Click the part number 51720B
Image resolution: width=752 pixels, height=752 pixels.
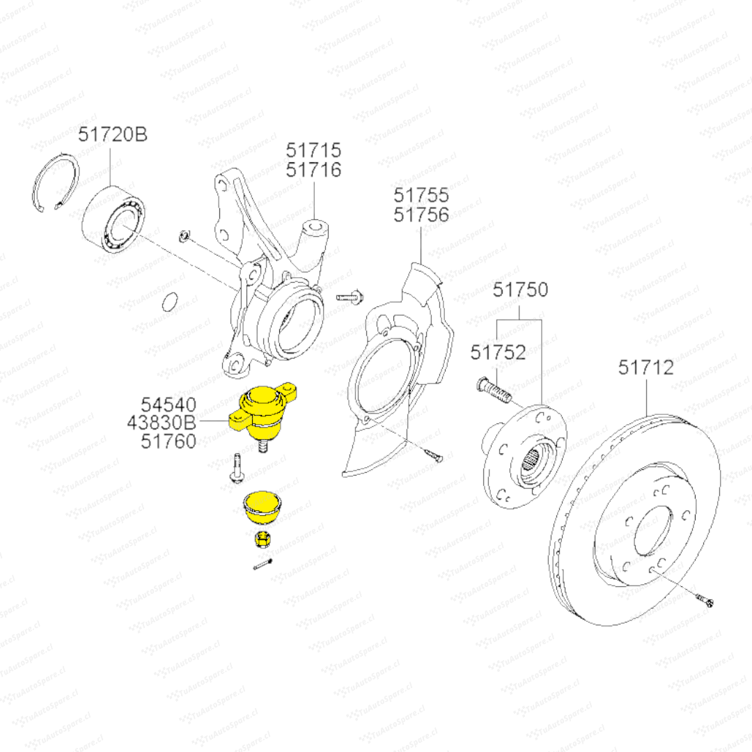coord(112,134)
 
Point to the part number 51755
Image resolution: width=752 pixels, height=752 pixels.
coord(421,195)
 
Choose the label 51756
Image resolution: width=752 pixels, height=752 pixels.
coord(421,214)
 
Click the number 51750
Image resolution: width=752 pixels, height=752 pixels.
coord(521,290)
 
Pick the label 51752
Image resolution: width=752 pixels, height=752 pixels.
coord(498,352)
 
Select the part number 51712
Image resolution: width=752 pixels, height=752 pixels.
coord(646,367)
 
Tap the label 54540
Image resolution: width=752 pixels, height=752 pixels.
coord(169,404)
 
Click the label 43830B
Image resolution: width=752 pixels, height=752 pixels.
coord(163,422)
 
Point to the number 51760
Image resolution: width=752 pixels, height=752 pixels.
coord(169,440)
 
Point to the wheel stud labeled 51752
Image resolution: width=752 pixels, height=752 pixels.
coord(494,389)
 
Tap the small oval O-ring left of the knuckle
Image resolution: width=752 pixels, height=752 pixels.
coord(168,302)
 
